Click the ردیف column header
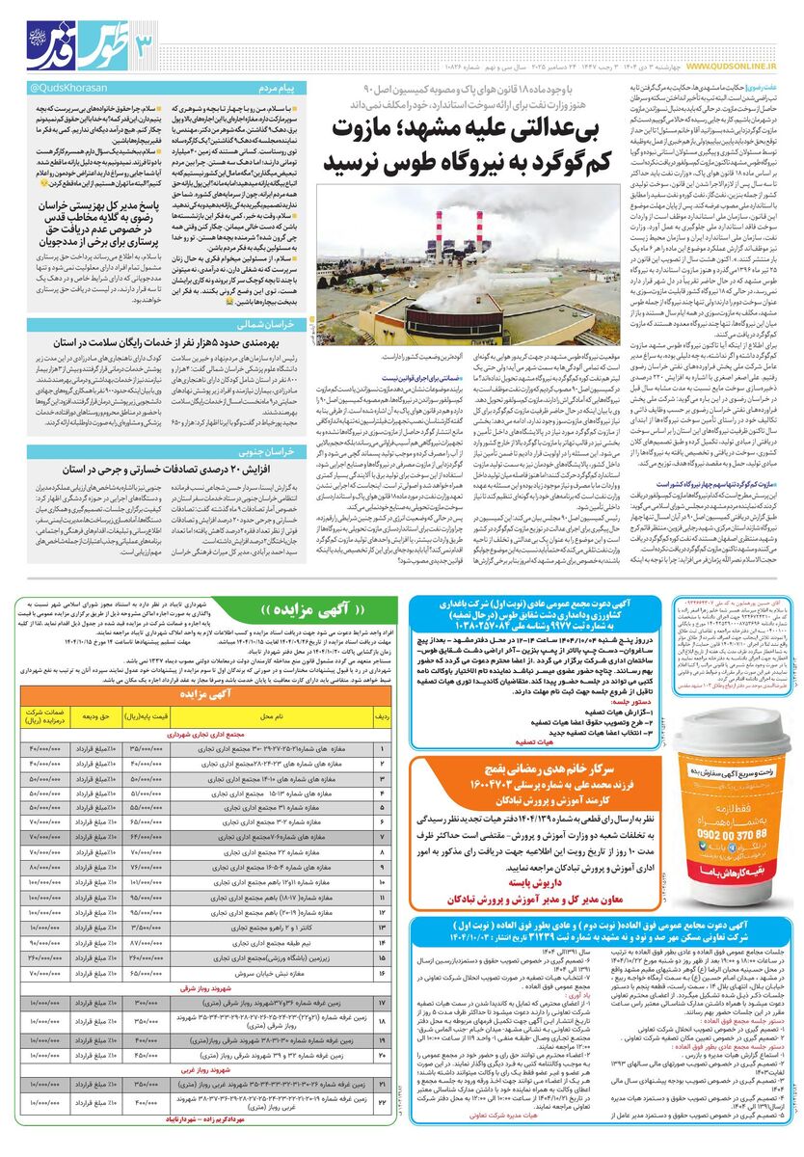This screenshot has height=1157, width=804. [x=382, y=717]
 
